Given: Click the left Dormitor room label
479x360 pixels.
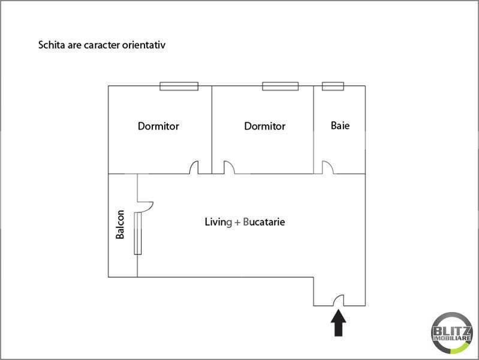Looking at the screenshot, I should click(x=158, y=126).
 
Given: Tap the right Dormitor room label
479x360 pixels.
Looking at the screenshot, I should click(x=264, y=126).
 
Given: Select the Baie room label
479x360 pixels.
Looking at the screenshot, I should click(x=340, y=126).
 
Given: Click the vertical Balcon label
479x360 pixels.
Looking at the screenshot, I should click(x=120, y=224).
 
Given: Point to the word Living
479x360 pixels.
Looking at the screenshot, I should click(x=218, y=222).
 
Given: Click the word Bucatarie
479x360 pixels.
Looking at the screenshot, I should click(x=264, y=222).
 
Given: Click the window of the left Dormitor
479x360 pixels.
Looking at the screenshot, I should click(x=179, y=86).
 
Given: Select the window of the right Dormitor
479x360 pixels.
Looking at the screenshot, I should click(x=280, y=86).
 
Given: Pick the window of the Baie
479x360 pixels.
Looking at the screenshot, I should click(x=333, y=86).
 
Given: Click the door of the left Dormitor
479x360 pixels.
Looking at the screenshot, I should click(x=194, y=168).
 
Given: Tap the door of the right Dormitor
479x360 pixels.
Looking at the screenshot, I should click(x=229, y=168).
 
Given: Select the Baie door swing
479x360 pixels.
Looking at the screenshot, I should click(x=328, y=168).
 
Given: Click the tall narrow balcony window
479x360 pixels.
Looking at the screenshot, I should click(x=138, y=233).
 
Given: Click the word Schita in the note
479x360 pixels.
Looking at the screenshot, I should click(x=51, y=45).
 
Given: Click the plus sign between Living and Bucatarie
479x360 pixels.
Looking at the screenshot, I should click(x=237, y=222).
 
